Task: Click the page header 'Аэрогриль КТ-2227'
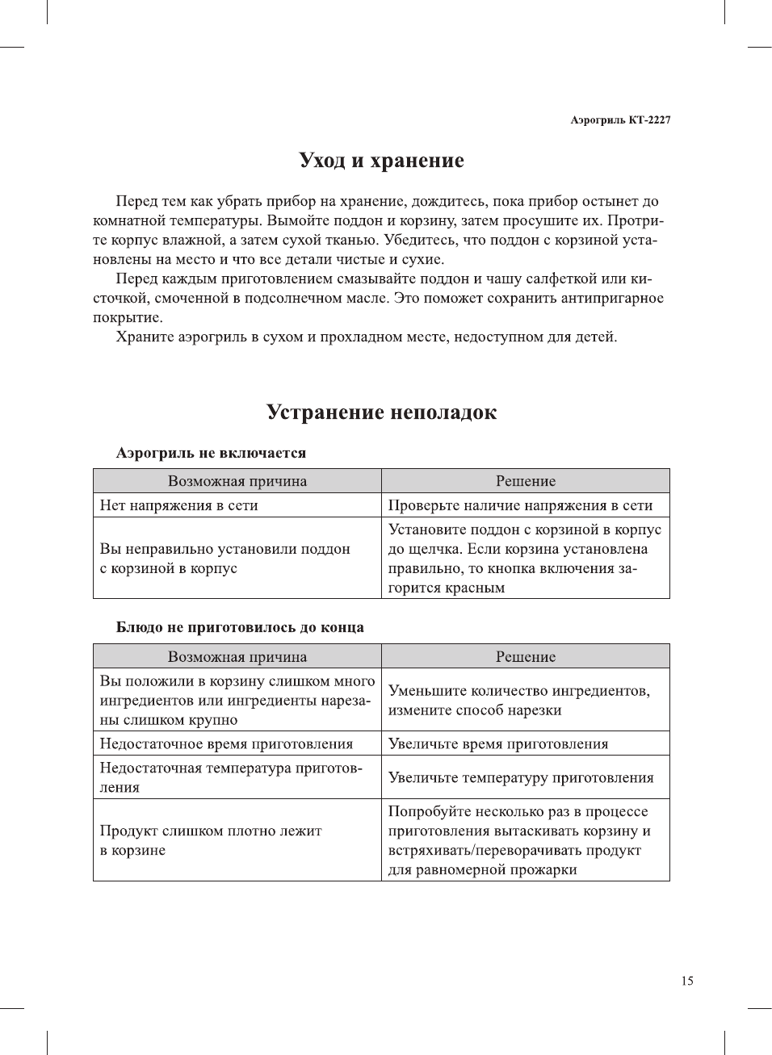click(619, 120)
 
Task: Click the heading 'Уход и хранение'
click(381, 161)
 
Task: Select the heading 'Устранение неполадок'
click(381, 412)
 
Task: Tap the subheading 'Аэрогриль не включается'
click(211, 454)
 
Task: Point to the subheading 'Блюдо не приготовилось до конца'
click(239, 628)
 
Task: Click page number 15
click(686, 982)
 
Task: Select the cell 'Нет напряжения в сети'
click(179, 505)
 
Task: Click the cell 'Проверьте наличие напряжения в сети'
click(520, 505)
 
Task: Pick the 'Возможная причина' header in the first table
click(237, 481)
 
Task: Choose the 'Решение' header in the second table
click(526, 657)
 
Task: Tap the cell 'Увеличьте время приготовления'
click(498, 744)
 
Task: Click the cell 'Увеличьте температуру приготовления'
click(521, 778)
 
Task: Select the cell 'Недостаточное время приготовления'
click(226, 744)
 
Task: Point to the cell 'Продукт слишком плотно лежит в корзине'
click(210, 840)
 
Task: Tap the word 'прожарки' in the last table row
click(543, 870)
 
